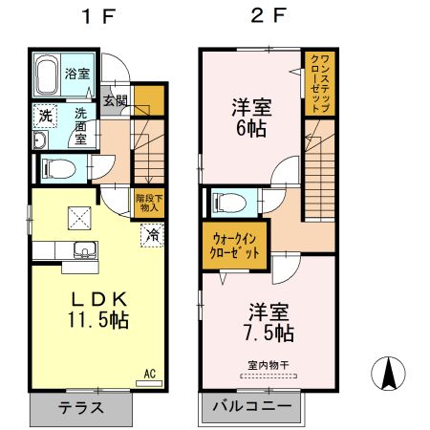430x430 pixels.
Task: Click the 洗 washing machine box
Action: (x=44, y=116)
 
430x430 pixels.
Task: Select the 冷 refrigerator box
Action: (x=152, y=232)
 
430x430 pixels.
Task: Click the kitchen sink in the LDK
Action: (x=82, y=253)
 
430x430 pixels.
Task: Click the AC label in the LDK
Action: (x=149, y=373)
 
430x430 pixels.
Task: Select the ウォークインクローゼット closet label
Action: (x=235, y=247)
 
